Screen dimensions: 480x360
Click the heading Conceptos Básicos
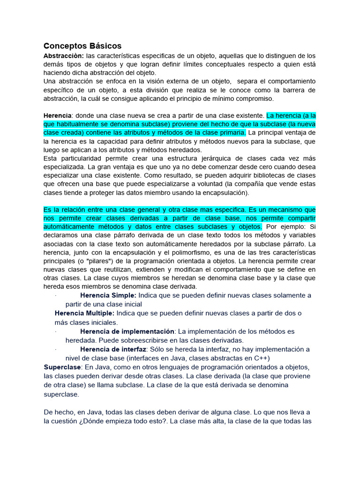point(82,46)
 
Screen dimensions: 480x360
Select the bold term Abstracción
point(64,55)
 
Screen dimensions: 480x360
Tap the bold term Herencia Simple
point(108,295)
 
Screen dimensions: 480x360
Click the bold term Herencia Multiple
point(84,313)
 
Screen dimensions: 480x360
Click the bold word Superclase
point(62,367)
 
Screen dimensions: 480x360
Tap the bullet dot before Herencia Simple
point(55,296)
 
